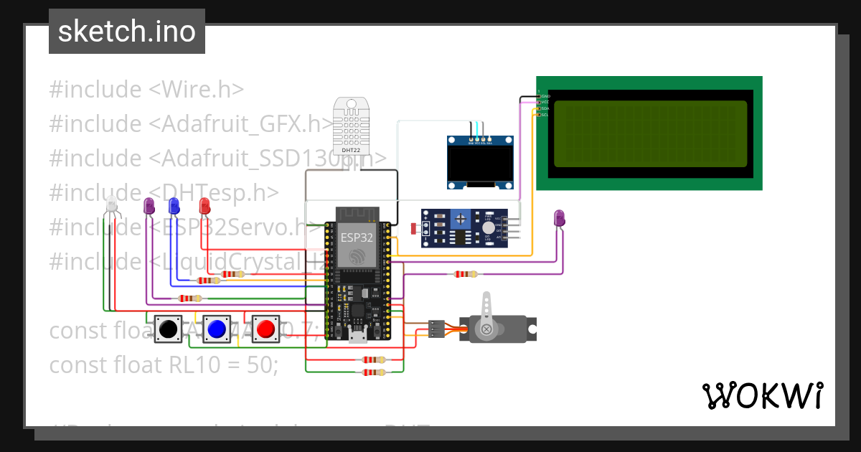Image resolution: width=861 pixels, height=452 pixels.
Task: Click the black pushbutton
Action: coord(168,329)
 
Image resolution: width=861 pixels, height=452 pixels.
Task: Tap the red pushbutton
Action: coord(265,329)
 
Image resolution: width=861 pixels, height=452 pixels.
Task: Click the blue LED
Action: coord(174,206)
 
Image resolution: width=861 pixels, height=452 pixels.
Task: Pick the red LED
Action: coord(204,206)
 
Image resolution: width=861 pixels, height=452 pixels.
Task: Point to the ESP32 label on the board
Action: coord(357,237)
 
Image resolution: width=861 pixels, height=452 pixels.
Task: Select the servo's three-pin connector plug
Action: coord(436,328)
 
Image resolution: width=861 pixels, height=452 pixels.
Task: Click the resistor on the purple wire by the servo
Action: coord(465,273)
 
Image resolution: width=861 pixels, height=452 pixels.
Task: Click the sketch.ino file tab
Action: coord(127,32)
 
